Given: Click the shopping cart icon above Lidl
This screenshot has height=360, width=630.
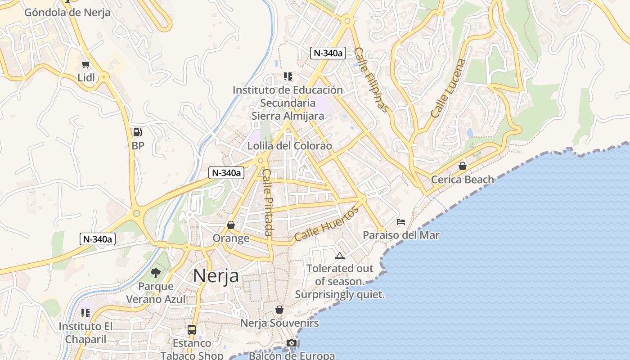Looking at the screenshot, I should pyautogui.click(x=85, y=65).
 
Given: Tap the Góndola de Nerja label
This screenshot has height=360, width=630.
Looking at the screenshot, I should pyautogui.click(x=67, y=12).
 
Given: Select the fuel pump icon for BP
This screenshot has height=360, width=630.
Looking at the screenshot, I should pyautogui.click(x=138, y=132).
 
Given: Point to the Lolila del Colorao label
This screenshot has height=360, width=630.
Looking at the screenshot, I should pyautogui.click(x=290, y=146).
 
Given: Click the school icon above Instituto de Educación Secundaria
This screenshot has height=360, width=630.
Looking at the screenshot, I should pyautogui.click(x=288, y=77).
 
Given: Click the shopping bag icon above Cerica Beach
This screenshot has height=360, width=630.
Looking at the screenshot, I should pyautogui.click(x=462, y=166).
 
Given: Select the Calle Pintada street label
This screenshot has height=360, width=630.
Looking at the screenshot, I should pyautogui.click(x=267, y=202).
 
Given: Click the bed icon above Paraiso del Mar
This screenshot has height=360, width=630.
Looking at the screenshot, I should pyautogui.click(x=401, y=222).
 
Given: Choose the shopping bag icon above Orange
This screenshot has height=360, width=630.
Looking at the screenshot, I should pyautogui.click(x=231, y=225).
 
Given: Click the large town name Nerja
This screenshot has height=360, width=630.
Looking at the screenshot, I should pyautogui.click(x=216, y=275).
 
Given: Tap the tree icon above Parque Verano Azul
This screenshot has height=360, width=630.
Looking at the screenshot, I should pyautogui.click(x=156, y=273).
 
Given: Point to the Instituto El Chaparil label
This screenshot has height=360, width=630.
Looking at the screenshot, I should pyautogui.click(x=85, y=333).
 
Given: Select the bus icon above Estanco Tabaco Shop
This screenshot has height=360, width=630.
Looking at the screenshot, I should pyautogui.click(x=192, y=330).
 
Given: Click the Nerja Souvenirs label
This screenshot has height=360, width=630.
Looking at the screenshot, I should pyautogui.click(x=279, y=323).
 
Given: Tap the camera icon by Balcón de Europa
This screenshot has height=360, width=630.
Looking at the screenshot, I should pyautogui.click(x=292, y=343).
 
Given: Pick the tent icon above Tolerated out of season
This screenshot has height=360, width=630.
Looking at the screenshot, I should pyautogui.click(x=340, y=256).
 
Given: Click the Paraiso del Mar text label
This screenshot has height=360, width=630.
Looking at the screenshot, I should pyautogui.click(x=401, y=235).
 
